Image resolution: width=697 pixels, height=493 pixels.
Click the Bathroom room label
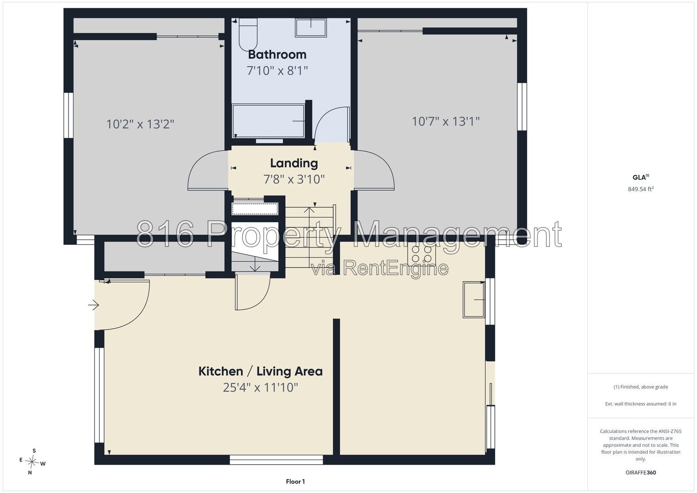point(277,55)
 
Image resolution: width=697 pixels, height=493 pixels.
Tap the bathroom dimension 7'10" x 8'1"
point(277,71)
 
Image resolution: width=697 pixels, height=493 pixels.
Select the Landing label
point(294,163)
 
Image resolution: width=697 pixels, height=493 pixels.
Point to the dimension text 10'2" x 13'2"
point(140,124)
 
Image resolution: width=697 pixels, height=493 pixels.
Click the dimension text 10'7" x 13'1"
point(446,121)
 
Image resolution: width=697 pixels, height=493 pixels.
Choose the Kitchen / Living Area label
point(261,371)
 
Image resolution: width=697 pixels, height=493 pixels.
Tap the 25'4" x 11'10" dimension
point(261,388)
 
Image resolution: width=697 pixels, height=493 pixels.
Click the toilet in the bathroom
point(248,34)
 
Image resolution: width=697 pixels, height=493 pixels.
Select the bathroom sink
point(311,28)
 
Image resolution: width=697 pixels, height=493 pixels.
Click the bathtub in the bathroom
point(268,121)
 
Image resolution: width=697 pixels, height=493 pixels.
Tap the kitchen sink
point(474,299)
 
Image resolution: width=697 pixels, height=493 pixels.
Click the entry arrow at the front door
point(94,305)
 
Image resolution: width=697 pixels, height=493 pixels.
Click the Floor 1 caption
point(295,482)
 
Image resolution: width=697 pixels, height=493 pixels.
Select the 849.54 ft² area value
point(641,189)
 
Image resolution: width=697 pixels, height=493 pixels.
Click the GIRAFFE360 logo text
point(641,472)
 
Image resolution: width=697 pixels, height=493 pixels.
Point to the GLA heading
point(641,178)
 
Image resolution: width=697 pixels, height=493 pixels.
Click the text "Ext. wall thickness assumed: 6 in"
point(641,404)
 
